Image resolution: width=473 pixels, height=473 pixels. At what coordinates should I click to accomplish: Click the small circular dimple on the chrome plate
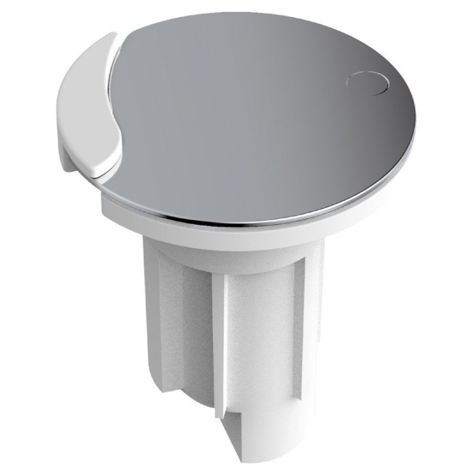367,84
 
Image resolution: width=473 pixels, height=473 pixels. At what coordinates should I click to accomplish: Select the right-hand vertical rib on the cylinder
299,328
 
